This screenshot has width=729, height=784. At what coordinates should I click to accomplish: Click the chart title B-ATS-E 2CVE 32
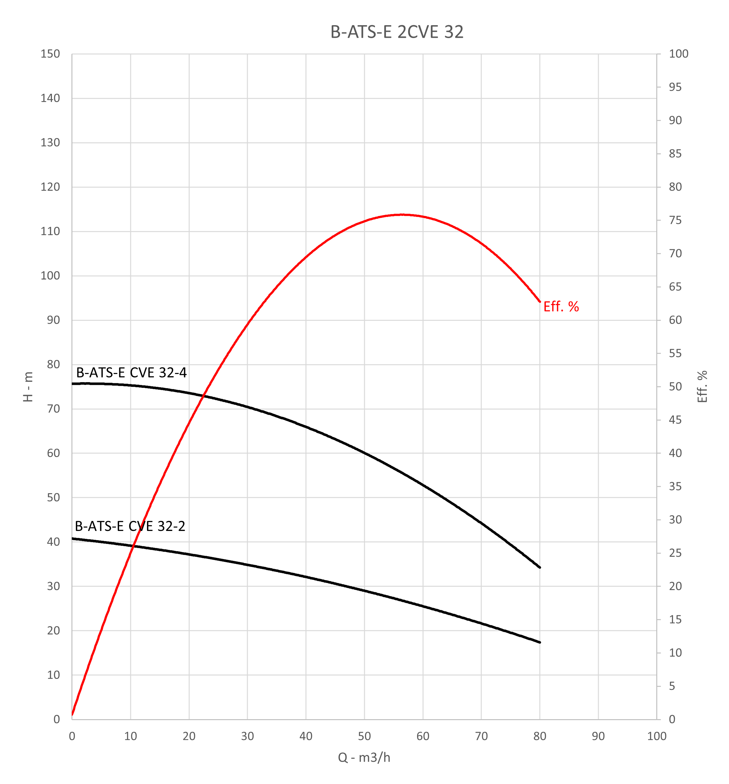tap(397, 32)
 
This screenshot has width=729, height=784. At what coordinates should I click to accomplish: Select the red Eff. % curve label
tap(561, 307)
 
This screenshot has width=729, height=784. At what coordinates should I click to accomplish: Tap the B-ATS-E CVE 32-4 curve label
tap(131, 372)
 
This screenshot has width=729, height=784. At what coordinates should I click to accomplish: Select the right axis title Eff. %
tap(702, 386)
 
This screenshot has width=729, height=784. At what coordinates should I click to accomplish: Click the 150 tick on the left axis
tap(50, 54)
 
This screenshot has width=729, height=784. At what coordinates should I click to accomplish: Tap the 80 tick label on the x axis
tap(540, 736)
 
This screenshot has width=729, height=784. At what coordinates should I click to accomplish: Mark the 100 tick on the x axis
tap(656, 736)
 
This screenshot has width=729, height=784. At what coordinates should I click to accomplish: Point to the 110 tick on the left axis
tap(50, 232)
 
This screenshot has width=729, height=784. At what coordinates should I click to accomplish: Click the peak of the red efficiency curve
tap(402, 215)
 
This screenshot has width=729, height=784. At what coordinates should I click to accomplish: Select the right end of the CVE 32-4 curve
tap(540, 567)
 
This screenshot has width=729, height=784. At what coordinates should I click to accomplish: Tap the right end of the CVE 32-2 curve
tap(540, 642)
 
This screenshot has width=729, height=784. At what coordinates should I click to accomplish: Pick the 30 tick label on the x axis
tap(247, 736)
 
